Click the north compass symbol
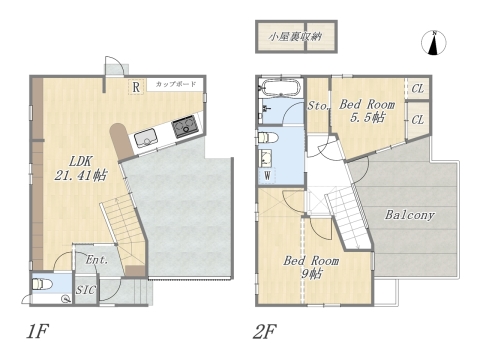435,42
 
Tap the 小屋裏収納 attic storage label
294,37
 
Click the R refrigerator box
134,86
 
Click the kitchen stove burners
185,127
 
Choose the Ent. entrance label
97,260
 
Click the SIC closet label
88,291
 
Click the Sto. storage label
318,106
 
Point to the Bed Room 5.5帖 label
368,110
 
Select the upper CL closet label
417,88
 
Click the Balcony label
408,215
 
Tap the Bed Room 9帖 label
313,266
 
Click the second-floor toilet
265,136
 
